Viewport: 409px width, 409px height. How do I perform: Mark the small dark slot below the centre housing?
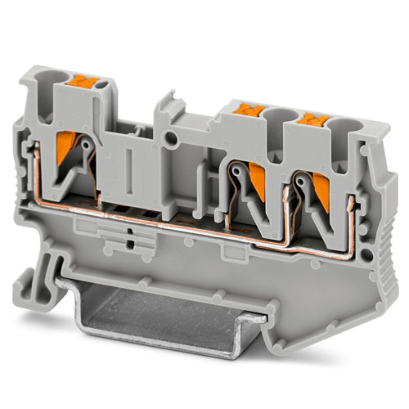(x=129, y=243)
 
